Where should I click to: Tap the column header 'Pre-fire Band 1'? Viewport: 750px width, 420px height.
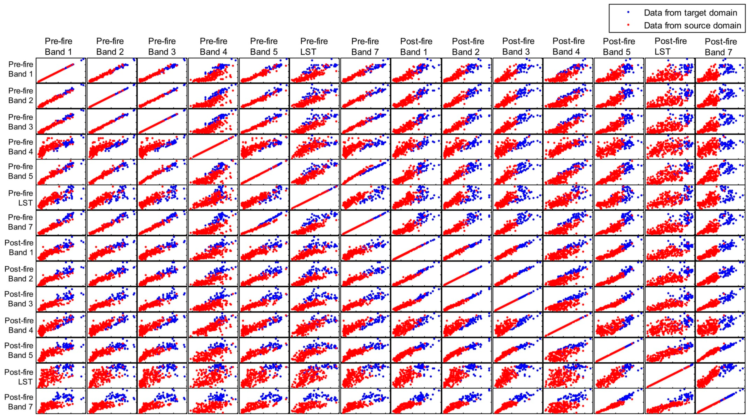(58, 47)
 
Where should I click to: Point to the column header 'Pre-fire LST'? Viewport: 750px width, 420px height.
(314, 47)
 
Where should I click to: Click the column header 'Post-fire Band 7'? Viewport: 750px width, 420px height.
(721, 47)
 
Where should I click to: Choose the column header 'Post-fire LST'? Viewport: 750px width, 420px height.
(670, 47)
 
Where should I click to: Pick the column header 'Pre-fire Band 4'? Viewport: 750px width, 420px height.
(213, 47)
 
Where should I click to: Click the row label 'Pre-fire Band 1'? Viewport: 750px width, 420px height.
(20, 69)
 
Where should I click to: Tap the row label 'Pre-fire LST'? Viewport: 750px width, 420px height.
(21, 198)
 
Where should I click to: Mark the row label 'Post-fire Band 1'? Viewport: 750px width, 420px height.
(19, 248)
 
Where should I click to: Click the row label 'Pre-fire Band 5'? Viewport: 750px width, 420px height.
(20, 171)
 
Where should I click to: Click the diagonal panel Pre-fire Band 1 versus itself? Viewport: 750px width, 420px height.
(61, 70)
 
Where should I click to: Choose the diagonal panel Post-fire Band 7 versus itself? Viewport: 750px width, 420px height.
(720, 401)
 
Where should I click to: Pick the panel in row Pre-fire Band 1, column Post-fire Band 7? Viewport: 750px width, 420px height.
(720, 70)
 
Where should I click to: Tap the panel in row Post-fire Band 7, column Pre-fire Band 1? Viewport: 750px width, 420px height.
(61, 401)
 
